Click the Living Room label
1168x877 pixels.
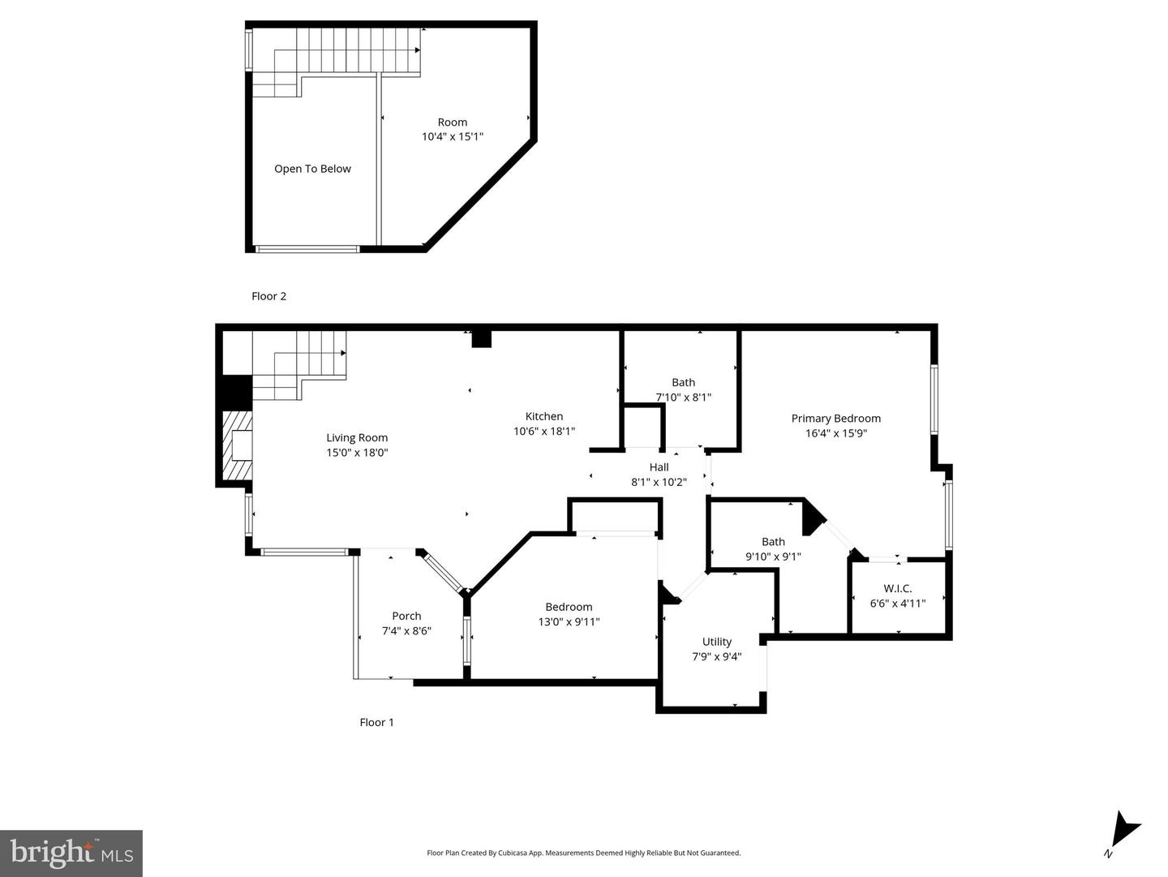point(357,437)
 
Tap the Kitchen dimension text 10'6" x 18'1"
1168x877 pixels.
point(543,431)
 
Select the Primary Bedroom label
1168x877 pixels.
point(835,419)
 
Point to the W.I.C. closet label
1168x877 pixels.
point(897,588)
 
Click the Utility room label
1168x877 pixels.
point(716,642)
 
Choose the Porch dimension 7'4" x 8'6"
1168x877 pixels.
point(406,631)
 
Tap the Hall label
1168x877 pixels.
point(659,467)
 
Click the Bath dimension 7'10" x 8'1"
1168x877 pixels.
point(683,397)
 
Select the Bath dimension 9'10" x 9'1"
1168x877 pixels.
point(773,557)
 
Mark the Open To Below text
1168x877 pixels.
point(312,169)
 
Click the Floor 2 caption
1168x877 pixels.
point(268,296)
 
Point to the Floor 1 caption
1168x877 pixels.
point(376,722)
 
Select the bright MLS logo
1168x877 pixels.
point(71,853)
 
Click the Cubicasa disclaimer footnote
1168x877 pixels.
point(583,853)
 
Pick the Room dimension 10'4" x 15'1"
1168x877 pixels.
point(453,137)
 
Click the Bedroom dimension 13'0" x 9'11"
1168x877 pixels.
point(569,621)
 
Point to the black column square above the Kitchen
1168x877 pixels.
point(481,339)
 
